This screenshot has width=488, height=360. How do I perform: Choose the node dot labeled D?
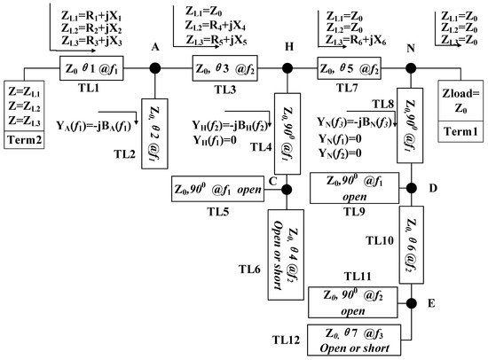click(412, 187)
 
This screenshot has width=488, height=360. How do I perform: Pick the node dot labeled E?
click(412, 304)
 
